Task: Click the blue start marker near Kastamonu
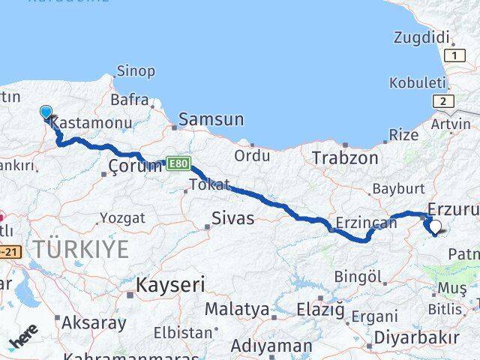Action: point(46,112)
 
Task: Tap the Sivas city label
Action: point(231,219)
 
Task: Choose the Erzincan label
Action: point(367,223)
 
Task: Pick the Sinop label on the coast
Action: point(136,71)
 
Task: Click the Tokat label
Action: point(205,184)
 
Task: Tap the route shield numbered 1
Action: point(452,55)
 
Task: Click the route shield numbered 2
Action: point(445,102)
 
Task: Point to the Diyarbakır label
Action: point(416,336)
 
